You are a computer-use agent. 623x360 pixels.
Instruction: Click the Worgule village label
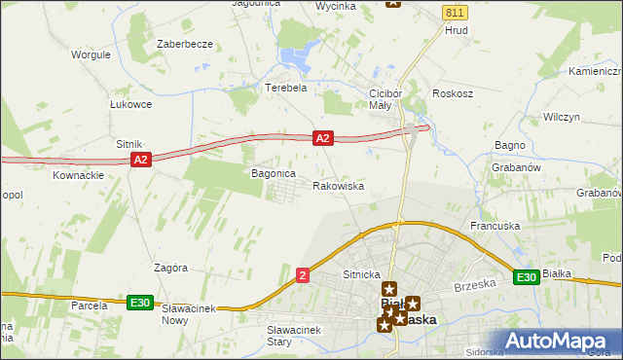click(x=91, y=54)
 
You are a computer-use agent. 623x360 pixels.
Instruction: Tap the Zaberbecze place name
click(x=184, y=45)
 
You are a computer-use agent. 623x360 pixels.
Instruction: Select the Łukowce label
click(x=130, y=104)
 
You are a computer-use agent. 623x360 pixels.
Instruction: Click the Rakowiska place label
click(x=339, y=185)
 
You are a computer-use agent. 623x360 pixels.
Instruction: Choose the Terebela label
click(x=286, y=87)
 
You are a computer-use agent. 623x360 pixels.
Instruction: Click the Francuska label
click(x=495, y=226)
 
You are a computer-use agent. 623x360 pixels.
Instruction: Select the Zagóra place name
click(x=170, y=267)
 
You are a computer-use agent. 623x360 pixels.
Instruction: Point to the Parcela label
click(x=88, y=306)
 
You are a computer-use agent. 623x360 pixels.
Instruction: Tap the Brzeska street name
click(x=476, y=283)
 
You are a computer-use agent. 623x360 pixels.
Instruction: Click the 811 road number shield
click(x=454, y=12)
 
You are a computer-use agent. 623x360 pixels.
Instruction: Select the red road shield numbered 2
click(x=304, y=276)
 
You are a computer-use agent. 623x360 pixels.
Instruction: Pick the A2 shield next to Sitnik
click(x=140, y=160)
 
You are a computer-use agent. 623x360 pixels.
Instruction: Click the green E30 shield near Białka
click(x=527, y=278)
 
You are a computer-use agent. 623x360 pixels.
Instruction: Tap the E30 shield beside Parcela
click(x=140, y=304)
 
